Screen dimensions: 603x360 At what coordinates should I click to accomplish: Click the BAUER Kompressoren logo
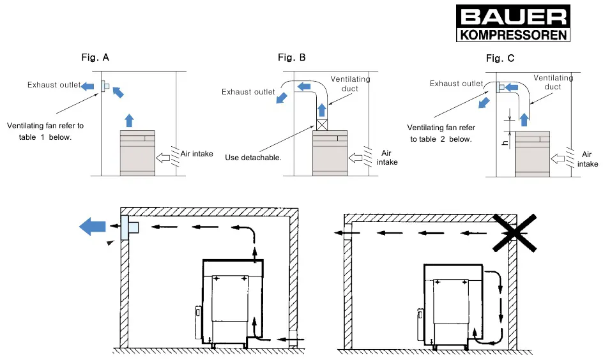[513, 23]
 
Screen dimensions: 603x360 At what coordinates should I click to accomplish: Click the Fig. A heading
[95, 57]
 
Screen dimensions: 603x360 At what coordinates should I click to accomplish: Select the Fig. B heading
[292, 57]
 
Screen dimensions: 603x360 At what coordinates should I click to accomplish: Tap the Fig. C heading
[500, 58]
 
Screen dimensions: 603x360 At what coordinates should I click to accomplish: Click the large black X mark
[515, 233]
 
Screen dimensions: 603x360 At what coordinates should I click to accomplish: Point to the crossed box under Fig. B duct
[322, 125]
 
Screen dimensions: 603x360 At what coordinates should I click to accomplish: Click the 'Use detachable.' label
[253, 158]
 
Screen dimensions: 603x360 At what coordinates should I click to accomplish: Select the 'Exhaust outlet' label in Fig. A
[54, 85]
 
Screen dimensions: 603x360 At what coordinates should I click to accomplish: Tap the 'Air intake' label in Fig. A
[197, 154]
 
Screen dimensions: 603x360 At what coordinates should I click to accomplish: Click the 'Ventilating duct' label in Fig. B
[350, 84]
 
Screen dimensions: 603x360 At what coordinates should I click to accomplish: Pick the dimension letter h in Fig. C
[505, 143]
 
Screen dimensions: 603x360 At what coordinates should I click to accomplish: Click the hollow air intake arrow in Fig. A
[163, 158]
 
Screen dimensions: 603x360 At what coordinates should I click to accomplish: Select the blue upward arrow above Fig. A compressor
[129, 120]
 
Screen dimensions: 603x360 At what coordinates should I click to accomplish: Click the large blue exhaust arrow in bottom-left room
[92, 226]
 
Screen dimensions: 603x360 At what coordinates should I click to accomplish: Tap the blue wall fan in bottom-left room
[129, 227]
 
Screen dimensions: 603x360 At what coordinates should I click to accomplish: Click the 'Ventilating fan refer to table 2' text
[441, 133]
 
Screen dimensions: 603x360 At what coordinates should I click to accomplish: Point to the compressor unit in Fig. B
[330, 153]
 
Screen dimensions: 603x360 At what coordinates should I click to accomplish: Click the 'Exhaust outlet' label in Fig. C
[457, 84]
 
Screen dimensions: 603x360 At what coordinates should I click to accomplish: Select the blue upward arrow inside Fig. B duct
[322, 110]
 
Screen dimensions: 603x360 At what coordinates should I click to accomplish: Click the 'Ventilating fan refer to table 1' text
[45, 131]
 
